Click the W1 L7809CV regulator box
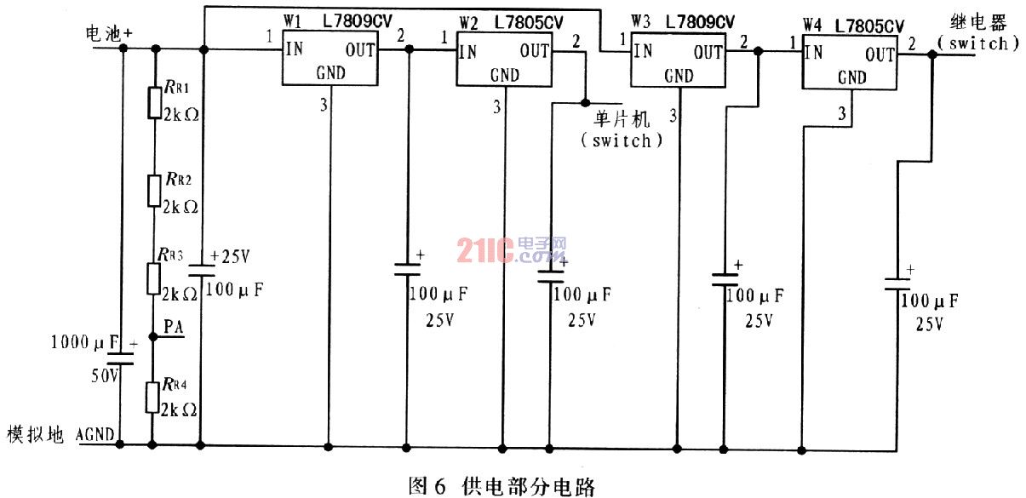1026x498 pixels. (330, 58)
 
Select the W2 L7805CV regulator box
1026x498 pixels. (504, 58)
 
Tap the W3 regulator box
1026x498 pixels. (678, 60)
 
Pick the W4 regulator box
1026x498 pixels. (850, 61)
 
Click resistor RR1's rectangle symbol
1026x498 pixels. (155, 103)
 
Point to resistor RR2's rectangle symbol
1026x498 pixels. (154, 190)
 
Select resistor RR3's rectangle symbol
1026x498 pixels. (153, 278)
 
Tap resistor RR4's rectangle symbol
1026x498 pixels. (152, 398)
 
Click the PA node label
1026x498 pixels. (174, 327)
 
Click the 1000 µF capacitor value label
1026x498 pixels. (84, 342)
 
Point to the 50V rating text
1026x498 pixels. (105, 376)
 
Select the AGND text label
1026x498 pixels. (95, 434)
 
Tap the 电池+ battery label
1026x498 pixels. (109, 33)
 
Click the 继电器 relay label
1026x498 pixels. (978, 23)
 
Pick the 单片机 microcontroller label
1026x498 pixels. (622, 119)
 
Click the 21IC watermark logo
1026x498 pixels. (512, 250)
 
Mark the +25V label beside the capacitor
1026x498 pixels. (230, 256)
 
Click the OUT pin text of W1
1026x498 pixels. (360, 50)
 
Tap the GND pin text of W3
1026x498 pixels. (679, 76)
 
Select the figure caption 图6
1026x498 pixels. (427, 485)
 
